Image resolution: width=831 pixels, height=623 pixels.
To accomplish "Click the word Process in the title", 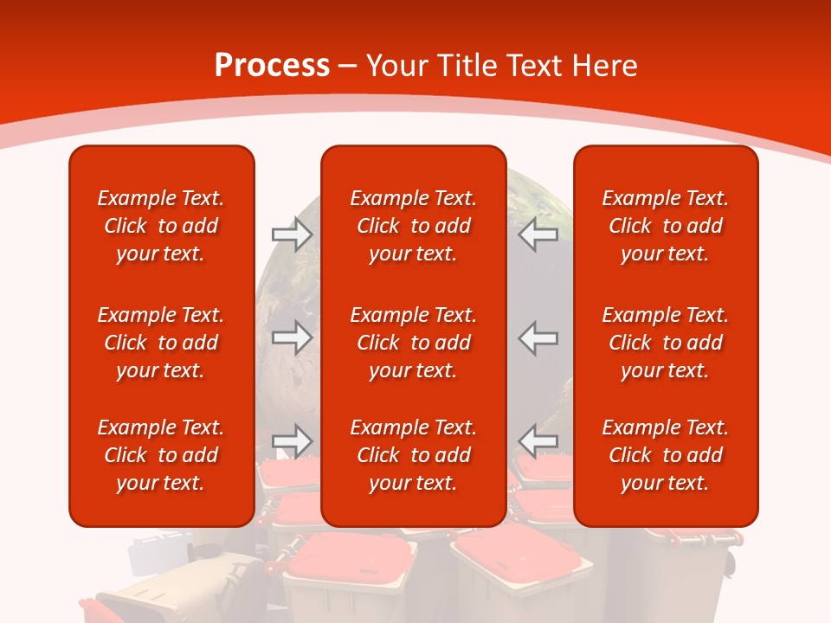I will pos(272,66).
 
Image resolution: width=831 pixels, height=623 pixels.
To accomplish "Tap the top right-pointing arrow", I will pos(292,234).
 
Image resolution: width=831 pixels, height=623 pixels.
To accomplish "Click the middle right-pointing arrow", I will pos(292,337).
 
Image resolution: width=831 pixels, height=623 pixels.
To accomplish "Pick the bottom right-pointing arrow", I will pos(292,440).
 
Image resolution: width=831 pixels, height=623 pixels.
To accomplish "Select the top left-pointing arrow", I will pos(538,234).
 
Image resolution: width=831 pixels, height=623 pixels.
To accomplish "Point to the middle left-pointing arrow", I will pos(538,337).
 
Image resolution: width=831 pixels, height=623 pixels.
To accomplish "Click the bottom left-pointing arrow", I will pos(538,440).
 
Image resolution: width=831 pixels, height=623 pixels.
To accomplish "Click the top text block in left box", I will pos(161,226).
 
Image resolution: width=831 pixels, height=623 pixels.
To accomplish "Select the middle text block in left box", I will pos(161,343).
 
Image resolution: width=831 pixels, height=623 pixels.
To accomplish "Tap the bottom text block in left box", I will pos(161,455).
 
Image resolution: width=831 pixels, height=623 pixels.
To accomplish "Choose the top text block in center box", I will pos(413,226).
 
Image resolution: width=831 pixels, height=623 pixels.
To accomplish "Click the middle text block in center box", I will pos(413,343).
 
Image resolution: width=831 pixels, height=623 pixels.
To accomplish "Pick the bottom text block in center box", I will pos(413,455).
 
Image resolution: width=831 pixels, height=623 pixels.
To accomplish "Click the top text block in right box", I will pos(665,226).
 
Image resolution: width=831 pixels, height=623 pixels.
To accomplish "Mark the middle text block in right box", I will pos(665,343).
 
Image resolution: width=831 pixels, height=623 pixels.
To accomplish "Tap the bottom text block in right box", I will pos(665,455).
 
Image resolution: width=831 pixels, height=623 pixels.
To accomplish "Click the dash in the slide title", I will pos(348,67).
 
